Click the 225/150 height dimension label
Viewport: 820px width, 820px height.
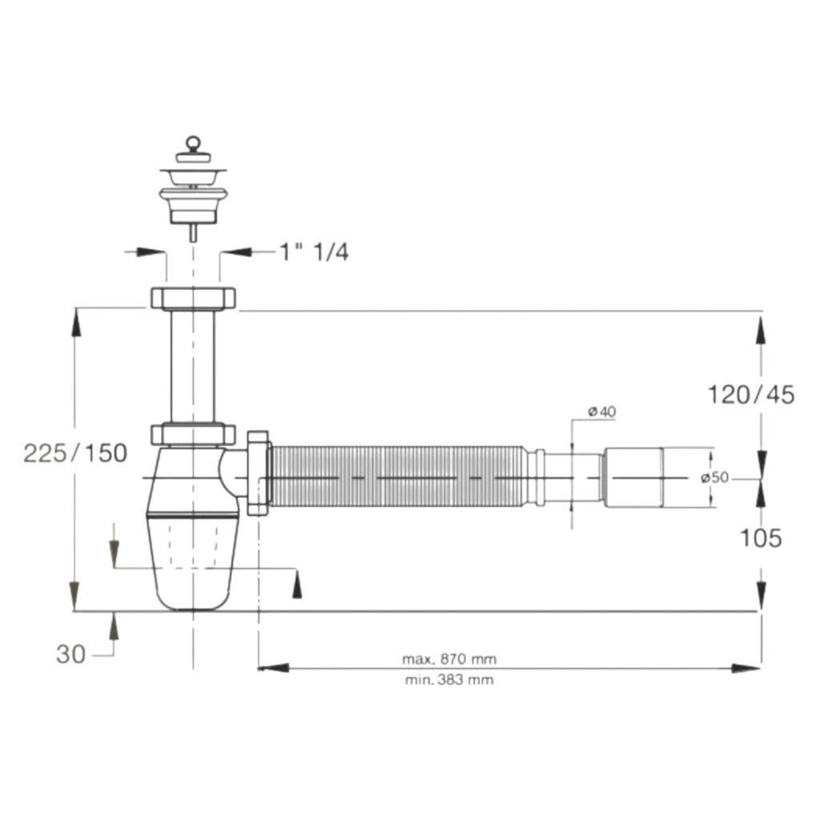pos(75,453)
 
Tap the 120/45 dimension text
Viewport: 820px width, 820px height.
pos(751,395)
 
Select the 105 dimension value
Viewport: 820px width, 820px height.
pos(761,537)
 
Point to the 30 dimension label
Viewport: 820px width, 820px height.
pos(70,654)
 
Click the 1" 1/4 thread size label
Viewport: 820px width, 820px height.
pos(314,252)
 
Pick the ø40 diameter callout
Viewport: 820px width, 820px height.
pos(602,412)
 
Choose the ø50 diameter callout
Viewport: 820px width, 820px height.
pos(714,477)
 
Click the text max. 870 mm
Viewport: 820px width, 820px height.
pos(449,659)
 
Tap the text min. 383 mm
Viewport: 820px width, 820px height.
pos(449,680)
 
